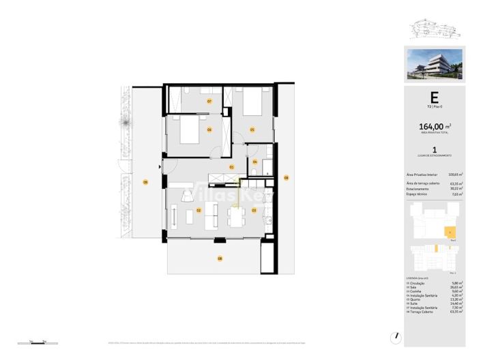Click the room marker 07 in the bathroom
(x=209, y=101)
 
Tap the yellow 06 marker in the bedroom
(x=209, y=129)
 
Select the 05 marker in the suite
(x=252, y=130)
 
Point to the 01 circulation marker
(x=231, y=166)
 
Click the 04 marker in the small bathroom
(x=254, y=162)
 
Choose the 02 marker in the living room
(x=199, y=210)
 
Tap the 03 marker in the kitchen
(x=254, y=210)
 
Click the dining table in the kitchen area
(x=237, y=217)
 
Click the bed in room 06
(x=189, y=131)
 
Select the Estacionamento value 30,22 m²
(x=456, y=189)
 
